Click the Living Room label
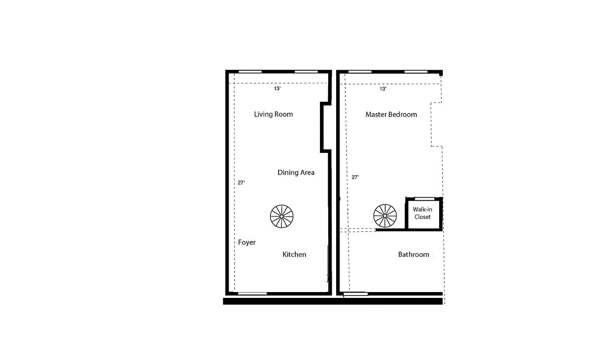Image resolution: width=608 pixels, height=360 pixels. pos(273,114)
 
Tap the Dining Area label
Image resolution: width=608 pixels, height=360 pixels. pos(296,172)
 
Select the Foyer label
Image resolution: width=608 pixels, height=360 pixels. pos(247,243)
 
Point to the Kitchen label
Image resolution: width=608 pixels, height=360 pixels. pos(294,255)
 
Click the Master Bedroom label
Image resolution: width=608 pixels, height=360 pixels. pos(391,114)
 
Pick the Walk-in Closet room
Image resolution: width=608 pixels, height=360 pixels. pos(423,213)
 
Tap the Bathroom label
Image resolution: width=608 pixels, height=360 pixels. pos(414,255)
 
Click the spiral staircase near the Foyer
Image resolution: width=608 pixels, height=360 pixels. pos(281,216)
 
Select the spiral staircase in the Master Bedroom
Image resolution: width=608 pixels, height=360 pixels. pos(385,216)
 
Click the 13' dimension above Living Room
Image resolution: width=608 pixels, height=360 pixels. pos(278,89)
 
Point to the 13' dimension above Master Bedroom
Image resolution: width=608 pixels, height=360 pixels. pos(383,89)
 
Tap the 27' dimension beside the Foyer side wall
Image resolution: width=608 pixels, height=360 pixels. pos(241,183)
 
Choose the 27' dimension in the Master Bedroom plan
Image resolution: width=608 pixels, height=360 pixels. pos(355,177)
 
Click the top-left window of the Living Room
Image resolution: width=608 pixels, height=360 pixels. pos(250,72)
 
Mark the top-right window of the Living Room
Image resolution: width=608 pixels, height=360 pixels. pos(306,72)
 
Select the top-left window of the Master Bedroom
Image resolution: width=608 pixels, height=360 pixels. pos(360,72)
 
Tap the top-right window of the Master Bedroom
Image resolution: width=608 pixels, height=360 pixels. pos(416,72)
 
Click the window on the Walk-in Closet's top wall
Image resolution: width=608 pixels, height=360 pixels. pos(424,198)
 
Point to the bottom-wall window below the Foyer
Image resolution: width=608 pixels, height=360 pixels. pos(252,293)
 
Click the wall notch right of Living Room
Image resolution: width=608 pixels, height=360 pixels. pos(325,127)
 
